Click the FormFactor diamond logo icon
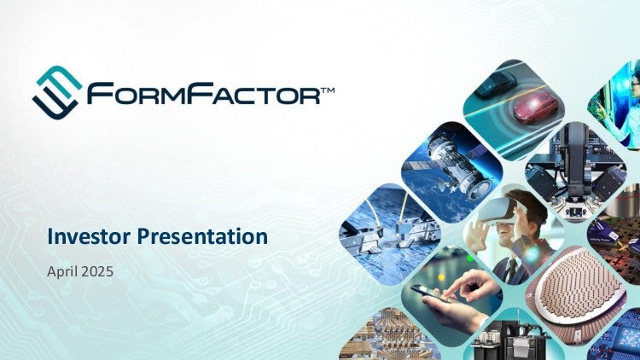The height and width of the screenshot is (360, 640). (57, 93)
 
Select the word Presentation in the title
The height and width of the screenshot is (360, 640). (202, 237)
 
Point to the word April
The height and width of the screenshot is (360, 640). (62, 272)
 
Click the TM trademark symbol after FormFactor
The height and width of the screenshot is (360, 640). (328, 90)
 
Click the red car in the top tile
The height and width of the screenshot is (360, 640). (535, 107)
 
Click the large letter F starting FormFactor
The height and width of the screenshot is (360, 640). (100, 93)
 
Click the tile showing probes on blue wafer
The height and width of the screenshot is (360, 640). (389, 234)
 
